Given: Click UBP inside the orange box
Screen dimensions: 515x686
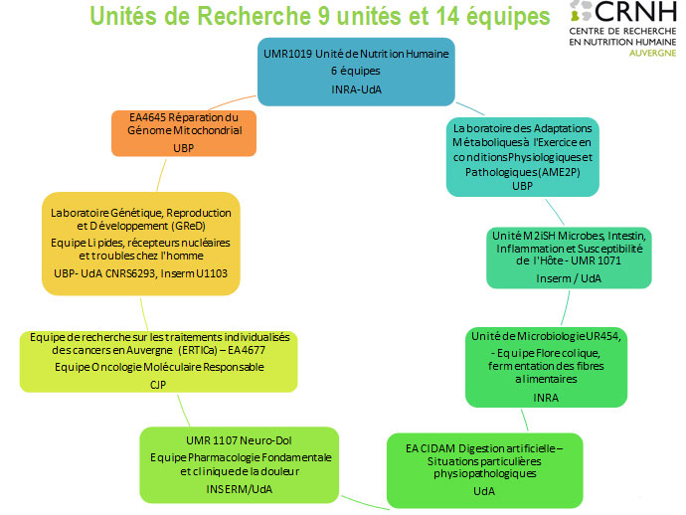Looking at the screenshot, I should (x=184, y=148).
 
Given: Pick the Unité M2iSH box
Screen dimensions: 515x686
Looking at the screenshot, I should (x=569, y=255).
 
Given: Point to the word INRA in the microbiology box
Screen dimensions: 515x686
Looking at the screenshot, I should (x=545, y=397).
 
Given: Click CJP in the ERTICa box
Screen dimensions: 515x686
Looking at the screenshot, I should (x=157, y=384).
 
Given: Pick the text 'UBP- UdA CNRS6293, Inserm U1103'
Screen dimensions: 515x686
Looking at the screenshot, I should (x=143, y=274).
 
